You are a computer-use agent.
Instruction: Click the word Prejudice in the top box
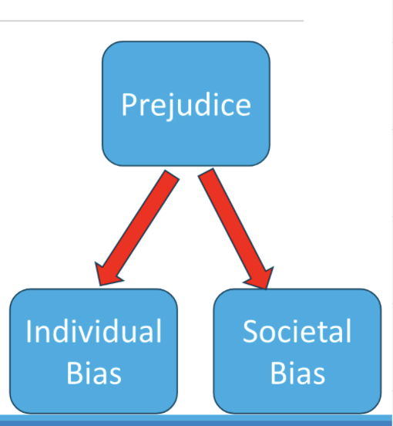coord(186,104)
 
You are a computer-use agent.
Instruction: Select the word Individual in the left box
coord(93,332)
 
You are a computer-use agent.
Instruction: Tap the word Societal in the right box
coord(297,332)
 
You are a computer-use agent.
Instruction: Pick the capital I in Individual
coord(29,332)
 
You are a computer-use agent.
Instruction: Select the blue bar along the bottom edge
coord(196,421)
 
